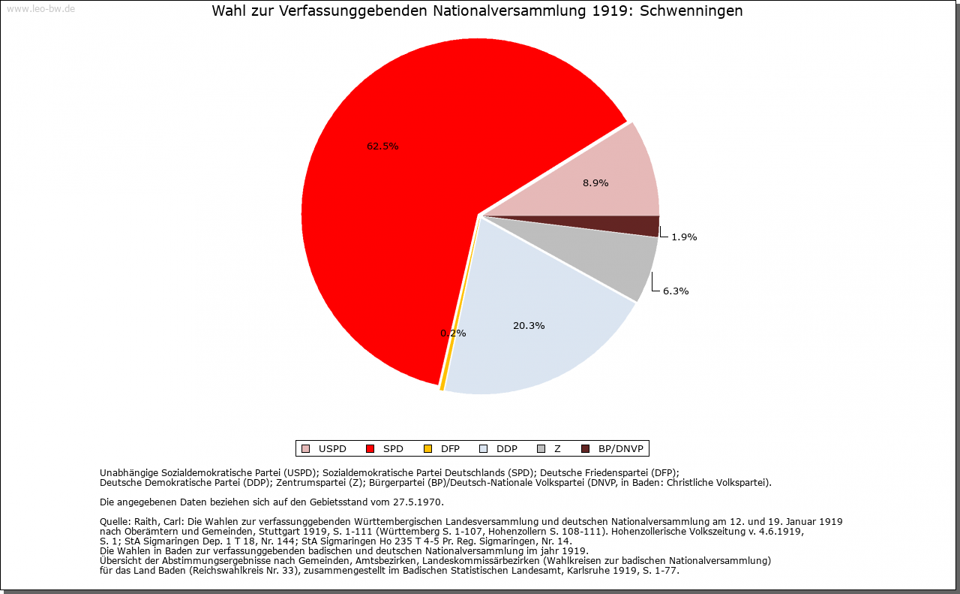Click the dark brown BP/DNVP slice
point(645,225)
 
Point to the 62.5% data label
point(382,146)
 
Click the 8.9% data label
point(595,182)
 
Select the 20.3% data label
point(529,326)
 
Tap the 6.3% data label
point(676,291)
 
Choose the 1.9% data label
point(684,237)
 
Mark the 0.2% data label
point(453,333)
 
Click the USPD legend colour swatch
point(305,449)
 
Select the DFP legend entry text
point(450,449)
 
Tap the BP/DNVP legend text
point(620,449)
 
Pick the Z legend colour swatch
point(541,449)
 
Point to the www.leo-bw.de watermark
point(40,9)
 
